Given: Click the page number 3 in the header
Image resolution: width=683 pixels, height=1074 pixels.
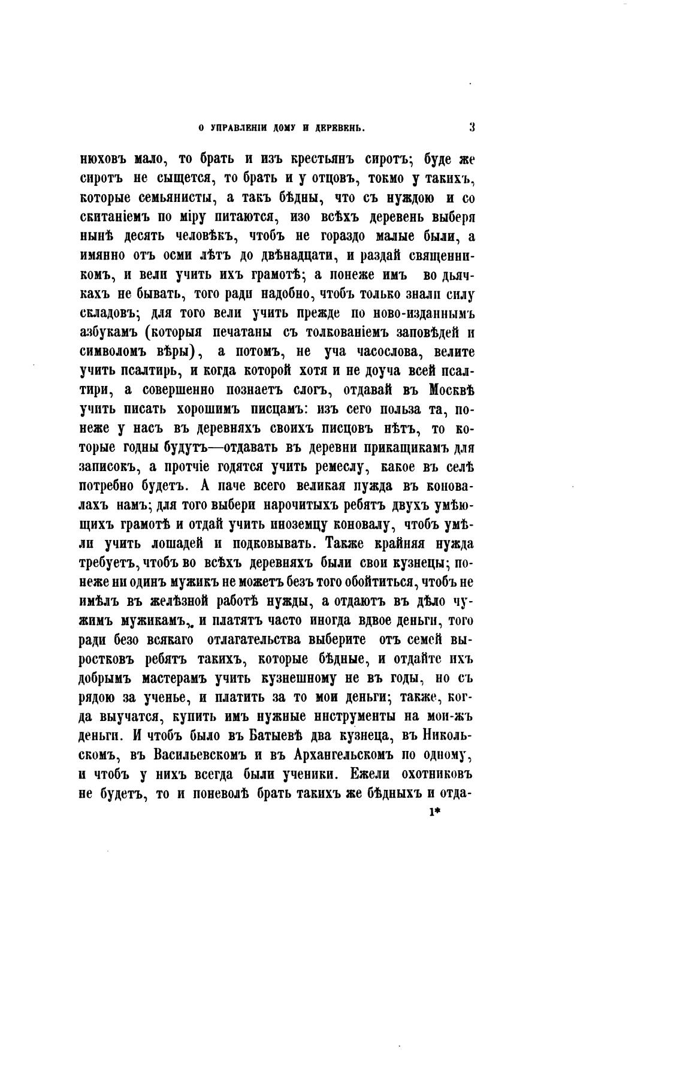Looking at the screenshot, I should (x=472, y=127).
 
